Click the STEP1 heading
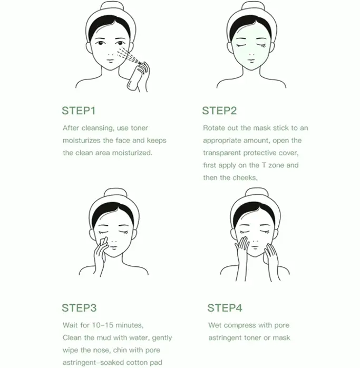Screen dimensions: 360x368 [x=79, y=111]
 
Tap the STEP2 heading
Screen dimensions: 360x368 [x=219, y=111]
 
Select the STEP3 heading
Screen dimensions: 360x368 [x=79, y=307]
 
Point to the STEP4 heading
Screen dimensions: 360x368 [x=225, y=307]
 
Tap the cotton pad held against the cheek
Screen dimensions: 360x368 [x=103, y=241]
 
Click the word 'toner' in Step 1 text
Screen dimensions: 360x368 [x=139, y=128]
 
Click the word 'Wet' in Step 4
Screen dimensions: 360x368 [x=215, y=325]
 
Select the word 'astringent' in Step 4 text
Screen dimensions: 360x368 [x=221, y=338]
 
